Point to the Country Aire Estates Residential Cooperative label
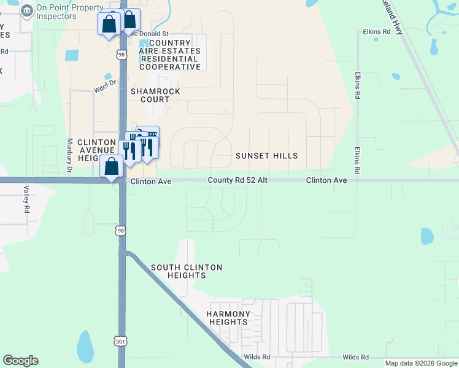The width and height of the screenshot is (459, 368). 170,55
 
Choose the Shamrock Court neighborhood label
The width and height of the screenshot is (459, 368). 155,95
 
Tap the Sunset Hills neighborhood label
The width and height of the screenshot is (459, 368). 266,156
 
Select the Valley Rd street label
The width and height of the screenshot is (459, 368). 27,199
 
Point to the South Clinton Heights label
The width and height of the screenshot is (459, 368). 187,271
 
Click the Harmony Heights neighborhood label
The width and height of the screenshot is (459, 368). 228,318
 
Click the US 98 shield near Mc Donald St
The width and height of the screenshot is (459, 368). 121,55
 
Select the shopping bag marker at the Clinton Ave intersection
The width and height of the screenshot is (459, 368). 111,167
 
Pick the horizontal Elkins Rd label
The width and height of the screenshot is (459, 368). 377,31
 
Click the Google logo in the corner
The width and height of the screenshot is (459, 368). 20,361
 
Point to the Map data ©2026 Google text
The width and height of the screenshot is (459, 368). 421,363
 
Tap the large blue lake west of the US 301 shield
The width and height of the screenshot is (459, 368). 85,346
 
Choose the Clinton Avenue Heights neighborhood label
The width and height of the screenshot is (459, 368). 97,150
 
